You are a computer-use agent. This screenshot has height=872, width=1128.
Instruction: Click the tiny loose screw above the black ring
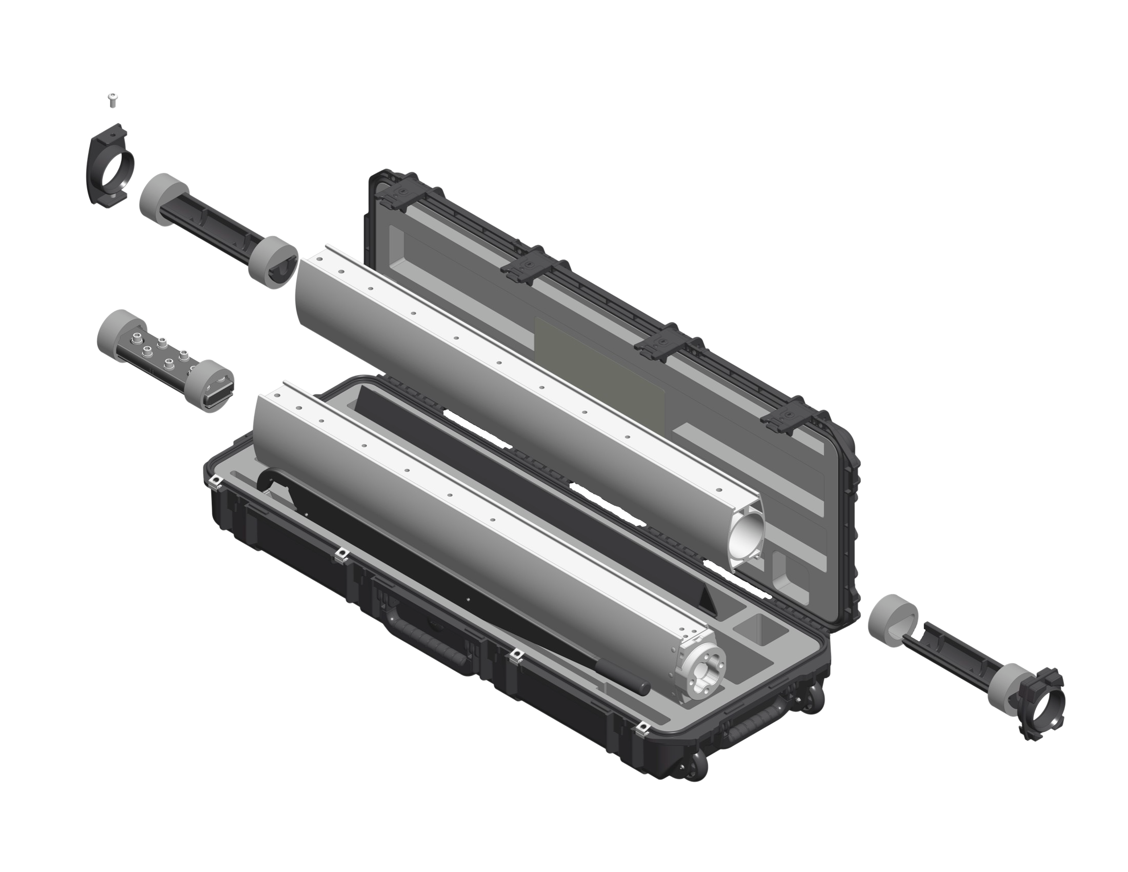click(112, 99)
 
